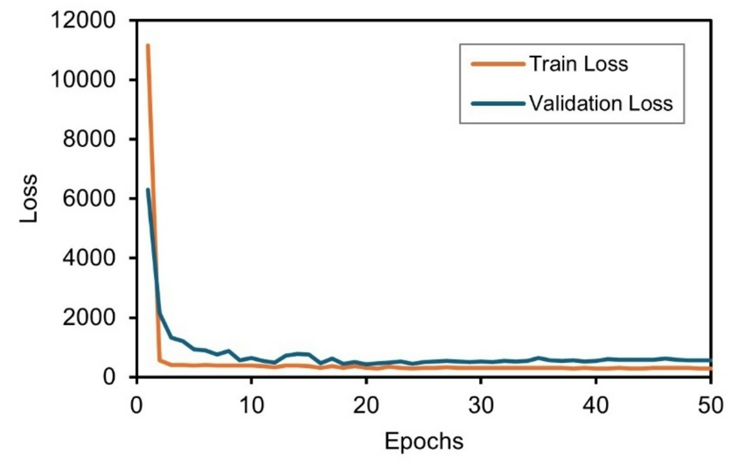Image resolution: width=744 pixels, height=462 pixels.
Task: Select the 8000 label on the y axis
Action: click(89, 139)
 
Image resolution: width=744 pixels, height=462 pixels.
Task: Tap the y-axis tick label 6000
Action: click(89, 199)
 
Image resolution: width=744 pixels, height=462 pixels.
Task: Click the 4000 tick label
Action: click(89, 258)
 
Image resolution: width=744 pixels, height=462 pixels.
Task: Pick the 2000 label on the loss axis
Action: click(89, 318)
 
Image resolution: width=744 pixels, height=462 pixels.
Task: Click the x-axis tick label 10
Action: click(252, 405)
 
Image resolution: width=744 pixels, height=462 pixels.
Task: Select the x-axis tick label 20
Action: click(366, 405)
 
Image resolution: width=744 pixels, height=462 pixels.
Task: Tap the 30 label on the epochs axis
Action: click(481, 405)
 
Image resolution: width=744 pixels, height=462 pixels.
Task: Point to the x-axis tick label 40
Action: click(595, 405)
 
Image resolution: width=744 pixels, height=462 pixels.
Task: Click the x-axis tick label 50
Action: click(710, 405)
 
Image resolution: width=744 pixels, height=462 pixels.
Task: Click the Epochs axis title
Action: click(424, 441)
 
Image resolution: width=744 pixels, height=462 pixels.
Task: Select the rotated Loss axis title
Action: click(29, 199)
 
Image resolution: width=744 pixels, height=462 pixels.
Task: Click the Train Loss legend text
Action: click(579, 64)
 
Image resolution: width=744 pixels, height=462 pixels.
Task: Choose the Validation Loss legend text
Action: click(601, 103)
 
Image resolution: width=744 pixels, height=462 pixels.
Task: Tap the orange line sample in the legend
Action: click(498, 64)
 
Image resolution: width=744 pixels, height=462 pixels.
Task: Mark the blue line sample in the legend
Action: click(498, 104)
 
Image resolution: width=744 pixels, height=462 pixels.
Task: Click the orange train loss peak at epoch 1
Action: click(148, 46)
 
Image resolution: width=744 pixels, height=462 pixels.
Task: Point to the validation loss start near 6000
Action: click(148, 190)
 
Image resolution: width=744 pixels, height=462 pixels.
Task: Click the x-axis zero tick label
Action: click(137, 405)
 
